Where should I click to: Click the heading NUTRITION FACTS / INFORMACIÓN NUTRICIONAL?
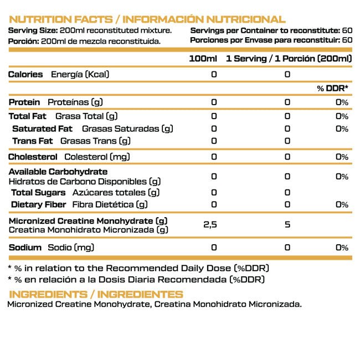[x=147, y=19]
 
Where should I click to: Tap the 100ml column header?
[x=203, y=59]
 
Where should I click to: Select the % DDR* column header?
[x=332, y=89]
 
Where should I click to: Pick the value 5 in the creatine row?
[x=287, y=225]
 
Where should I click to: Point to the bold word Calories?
[x=25, y=74]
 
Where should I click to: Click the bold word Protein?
[x=24, y=102]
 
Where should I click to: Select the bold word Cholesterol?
[x=34, y=157]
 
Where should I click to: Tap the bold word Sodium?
[x=25, y=247]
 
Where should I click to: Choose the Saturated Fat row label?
[x=42, y=128]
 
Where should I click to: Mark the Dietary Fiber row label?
[x=39, y=204]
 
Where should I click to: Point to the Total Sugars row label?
[x=39, y=192]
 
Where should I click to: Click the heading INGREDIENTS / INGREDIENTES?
[x=95, y=294]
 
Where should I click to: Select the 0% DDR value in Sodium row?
[x=342, y=247]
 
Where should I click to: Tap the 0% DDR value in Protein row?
[x=342, y=102]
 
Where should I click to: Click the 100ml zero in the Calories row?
[x=214, y=74]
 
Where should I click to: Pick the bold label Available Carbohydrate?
[x=58, y=172]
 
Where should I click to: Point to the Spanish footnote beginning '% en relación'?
[x=136, y=280]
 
